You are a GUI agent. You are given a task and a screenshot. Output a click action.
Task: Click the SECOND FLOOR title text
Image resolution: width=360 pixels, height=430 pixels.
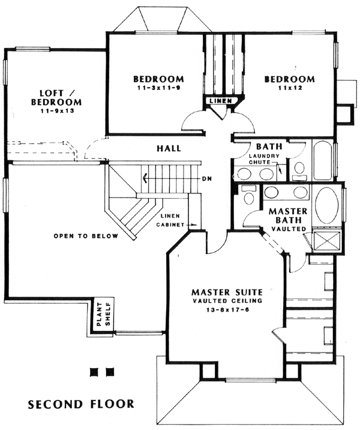click(81, 404)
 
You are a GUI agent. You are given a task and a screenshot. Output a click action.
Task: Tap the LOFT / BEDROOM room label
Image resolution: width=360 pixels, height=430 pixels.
click(56, 97)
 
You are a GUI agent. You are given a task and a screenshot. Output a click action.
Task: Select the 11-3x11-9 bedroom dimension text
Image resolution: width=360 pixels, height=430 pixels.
click(158, 88)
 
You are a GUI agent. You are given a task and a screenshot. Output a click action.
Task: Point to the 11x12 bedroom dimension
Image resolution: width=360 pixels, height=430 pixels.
click(290, 88)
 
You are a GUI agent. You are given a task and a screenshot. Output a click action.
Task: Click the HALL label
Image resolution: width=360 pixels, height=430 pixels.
click(169, 148)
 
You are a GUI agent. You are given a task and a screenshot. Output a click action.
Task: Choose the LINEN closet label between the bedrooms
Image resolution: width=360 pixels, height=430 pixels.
click(221, 101)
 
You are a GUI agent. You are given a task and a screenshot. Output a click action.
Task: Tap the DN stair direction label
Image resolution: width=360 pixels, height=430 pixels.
click(207, 179)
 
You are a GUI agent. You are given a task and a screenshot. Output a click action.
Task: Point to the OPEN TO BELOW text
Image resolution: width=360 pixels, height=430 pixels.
click(86, 236)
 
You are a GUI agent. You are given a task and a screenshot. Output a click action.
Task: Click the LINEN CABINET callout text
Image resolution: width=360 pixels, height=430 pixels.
click(170, 220)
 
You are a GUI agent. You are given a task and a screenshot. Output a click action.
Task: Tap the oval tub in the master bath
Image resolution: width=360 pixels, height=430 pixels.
click(326, 205)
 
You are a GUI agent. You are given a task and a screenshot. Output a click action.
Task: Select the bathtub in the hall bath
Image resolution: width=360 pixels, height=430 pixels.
click(323, 160)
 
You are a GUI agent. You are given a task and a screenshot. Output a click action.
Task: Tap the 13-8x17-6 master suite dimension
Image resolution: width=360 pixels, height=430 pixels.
click(227, 310)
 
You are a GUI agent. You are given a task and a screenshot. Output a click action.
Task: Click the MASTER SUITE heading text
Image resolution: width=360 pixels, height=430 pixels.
click(227, 292)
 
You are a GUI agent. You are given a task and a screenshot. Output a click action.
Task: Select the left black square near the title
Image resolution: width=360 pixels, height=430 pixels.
click(95, 372)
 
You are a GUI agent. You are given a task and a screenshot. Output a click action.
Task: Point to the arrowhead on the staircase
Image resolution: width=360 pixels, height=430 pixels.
click(143, 179)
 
